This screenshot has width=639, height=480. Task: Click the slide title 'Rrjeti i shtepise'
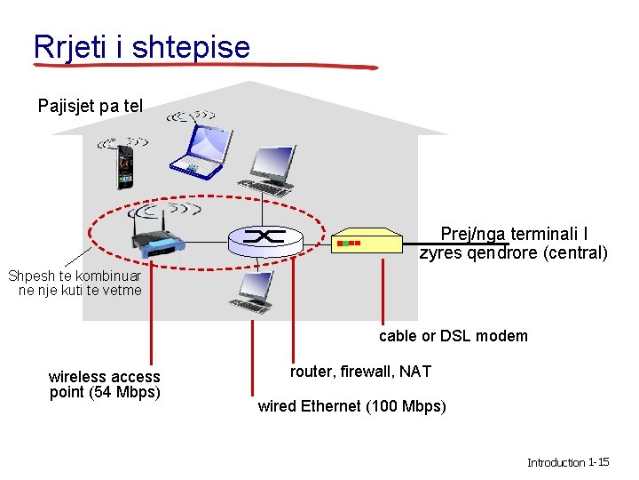pos(142,46)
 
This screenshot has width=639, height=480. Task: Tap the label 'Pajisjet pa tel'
pos(91,107)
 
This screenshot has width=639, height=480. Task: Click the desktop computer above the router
pos(270,170)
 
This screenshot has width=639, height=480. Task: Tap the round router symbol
pos(266,236)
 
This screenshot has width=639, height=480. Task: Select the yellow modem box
pos(367,241)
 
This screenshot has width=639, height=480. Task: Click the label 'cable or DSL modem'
pos(453,336)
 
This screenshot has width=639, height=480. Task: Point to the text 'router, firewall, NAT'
pos(359,372)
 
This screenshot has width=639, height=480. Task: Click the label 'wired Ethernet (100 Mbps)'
pos(351,406)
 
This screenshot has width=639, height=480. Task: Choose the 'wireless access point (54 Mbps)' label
pos(105,385)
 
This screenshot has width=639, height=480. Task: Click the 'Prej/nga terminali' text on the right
pos(513,234)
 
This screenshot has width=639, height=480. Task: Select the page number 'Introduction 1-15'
pos(567,462)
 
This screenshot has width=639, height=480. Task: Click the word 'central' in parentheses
pos(577,253)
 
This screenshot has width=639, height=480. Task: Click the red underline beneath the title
pos(204,67)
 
